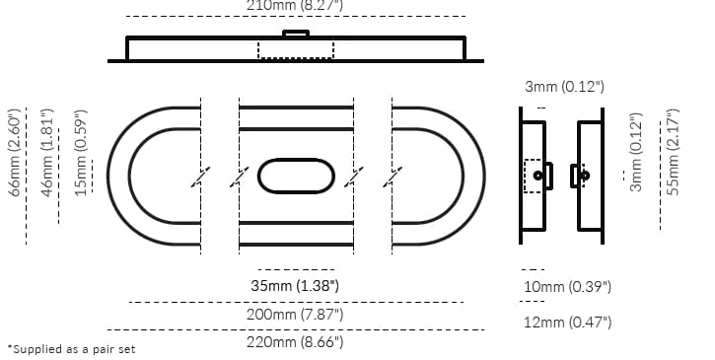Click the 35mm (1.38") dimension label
pyautogui.click(x=296, y=286)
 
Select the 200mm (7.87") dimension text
pyautogui.click(x=296, y=314)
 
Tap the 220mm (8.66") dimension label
pyautogui.click(x=296, y=341)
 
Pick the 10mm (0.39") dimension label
pyautogui.click(x=568, y=287)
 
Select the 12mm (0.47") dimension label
pyautogui.click(x=568, y=323)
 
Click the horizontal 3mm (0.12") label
pyautogui.click(x=563, y=88)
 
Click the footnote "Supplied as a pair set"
pyautogui.click(x=71, y=349)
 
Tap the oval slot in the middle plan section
pyautogui.click(x=296, y=176)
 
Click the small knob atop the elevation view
pyautogui.click(x=296, y=34)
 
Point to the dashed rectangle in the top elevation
pyautogui.click(x=296, y=49)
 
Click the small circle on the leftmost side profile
pyautogui.click(x=537, y=176)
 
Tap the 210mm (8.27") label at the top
pyautogui.click(x=296, y=5)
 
